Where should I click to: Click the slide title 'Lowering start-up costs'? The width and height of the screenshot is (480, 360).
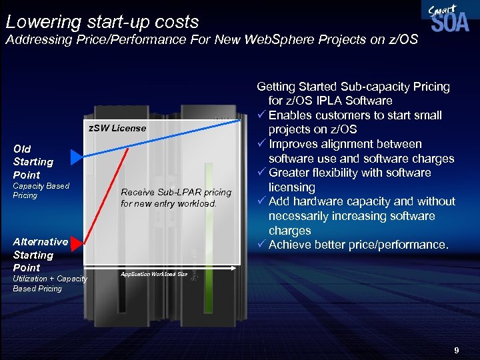[x=102, y=21]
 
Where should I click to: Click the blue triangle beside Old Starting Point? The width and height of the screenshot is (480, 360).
[x=77, y=158]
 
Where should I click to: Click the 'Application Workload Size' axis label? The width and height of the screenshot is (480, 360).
[x=153, y=274]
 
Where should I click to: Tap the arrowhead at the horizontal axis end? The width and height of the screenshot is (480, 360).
[x=233, y=269]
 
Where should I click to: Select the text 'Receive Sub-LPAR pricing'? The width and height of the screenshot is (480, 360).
[x=176, y=193]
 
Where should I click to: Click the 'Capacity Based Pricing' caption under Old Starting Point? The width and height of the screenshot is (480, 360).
[x=41, y=191]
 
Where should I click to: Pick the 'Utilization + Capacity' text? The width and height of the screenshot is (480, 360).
[x=50, y=279]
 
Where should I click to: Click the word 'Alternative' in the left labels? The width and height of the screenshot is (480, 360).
[x=40, y=242]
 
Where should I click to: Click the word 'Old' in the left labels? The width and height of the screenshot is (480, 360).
[x=22, y=149]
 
